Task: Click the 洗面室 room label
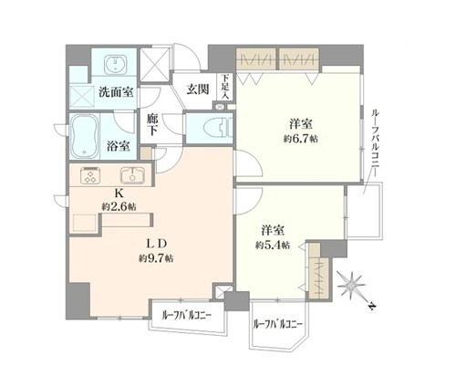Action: tap(116, 92)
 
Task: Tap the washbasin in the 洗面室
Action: tap(115, 65)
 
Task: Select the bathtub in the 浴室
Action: tap(84, 137)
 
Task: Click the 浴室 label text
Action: tap(119, 146)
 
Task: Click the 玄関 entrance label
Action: tap(198, 89)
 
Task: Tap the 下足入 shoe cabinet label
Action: tap(225, 87)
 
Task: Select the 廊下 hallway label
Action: tap(152, 124)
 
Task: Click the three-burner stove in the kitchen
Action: tap(90, 176)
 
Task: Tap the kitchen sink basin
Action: tap(132, 176)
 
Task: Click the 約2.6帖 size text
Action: tap(119, 207)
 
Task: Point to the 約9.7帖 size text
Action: tap(156, 258)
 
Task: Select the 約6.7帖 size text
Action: tap(301, 139)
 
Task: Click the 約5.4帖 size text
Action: tap(273, 245)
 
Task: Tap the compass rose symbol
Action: tap(352, 285)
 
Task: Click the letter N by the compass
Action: tap(371, 306)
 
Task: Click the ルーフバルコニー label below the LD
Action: tap(187, 316)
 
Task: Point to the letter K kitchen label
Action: tap(119, 193)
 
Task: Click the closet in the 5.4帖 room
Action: tap(318, 271)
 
